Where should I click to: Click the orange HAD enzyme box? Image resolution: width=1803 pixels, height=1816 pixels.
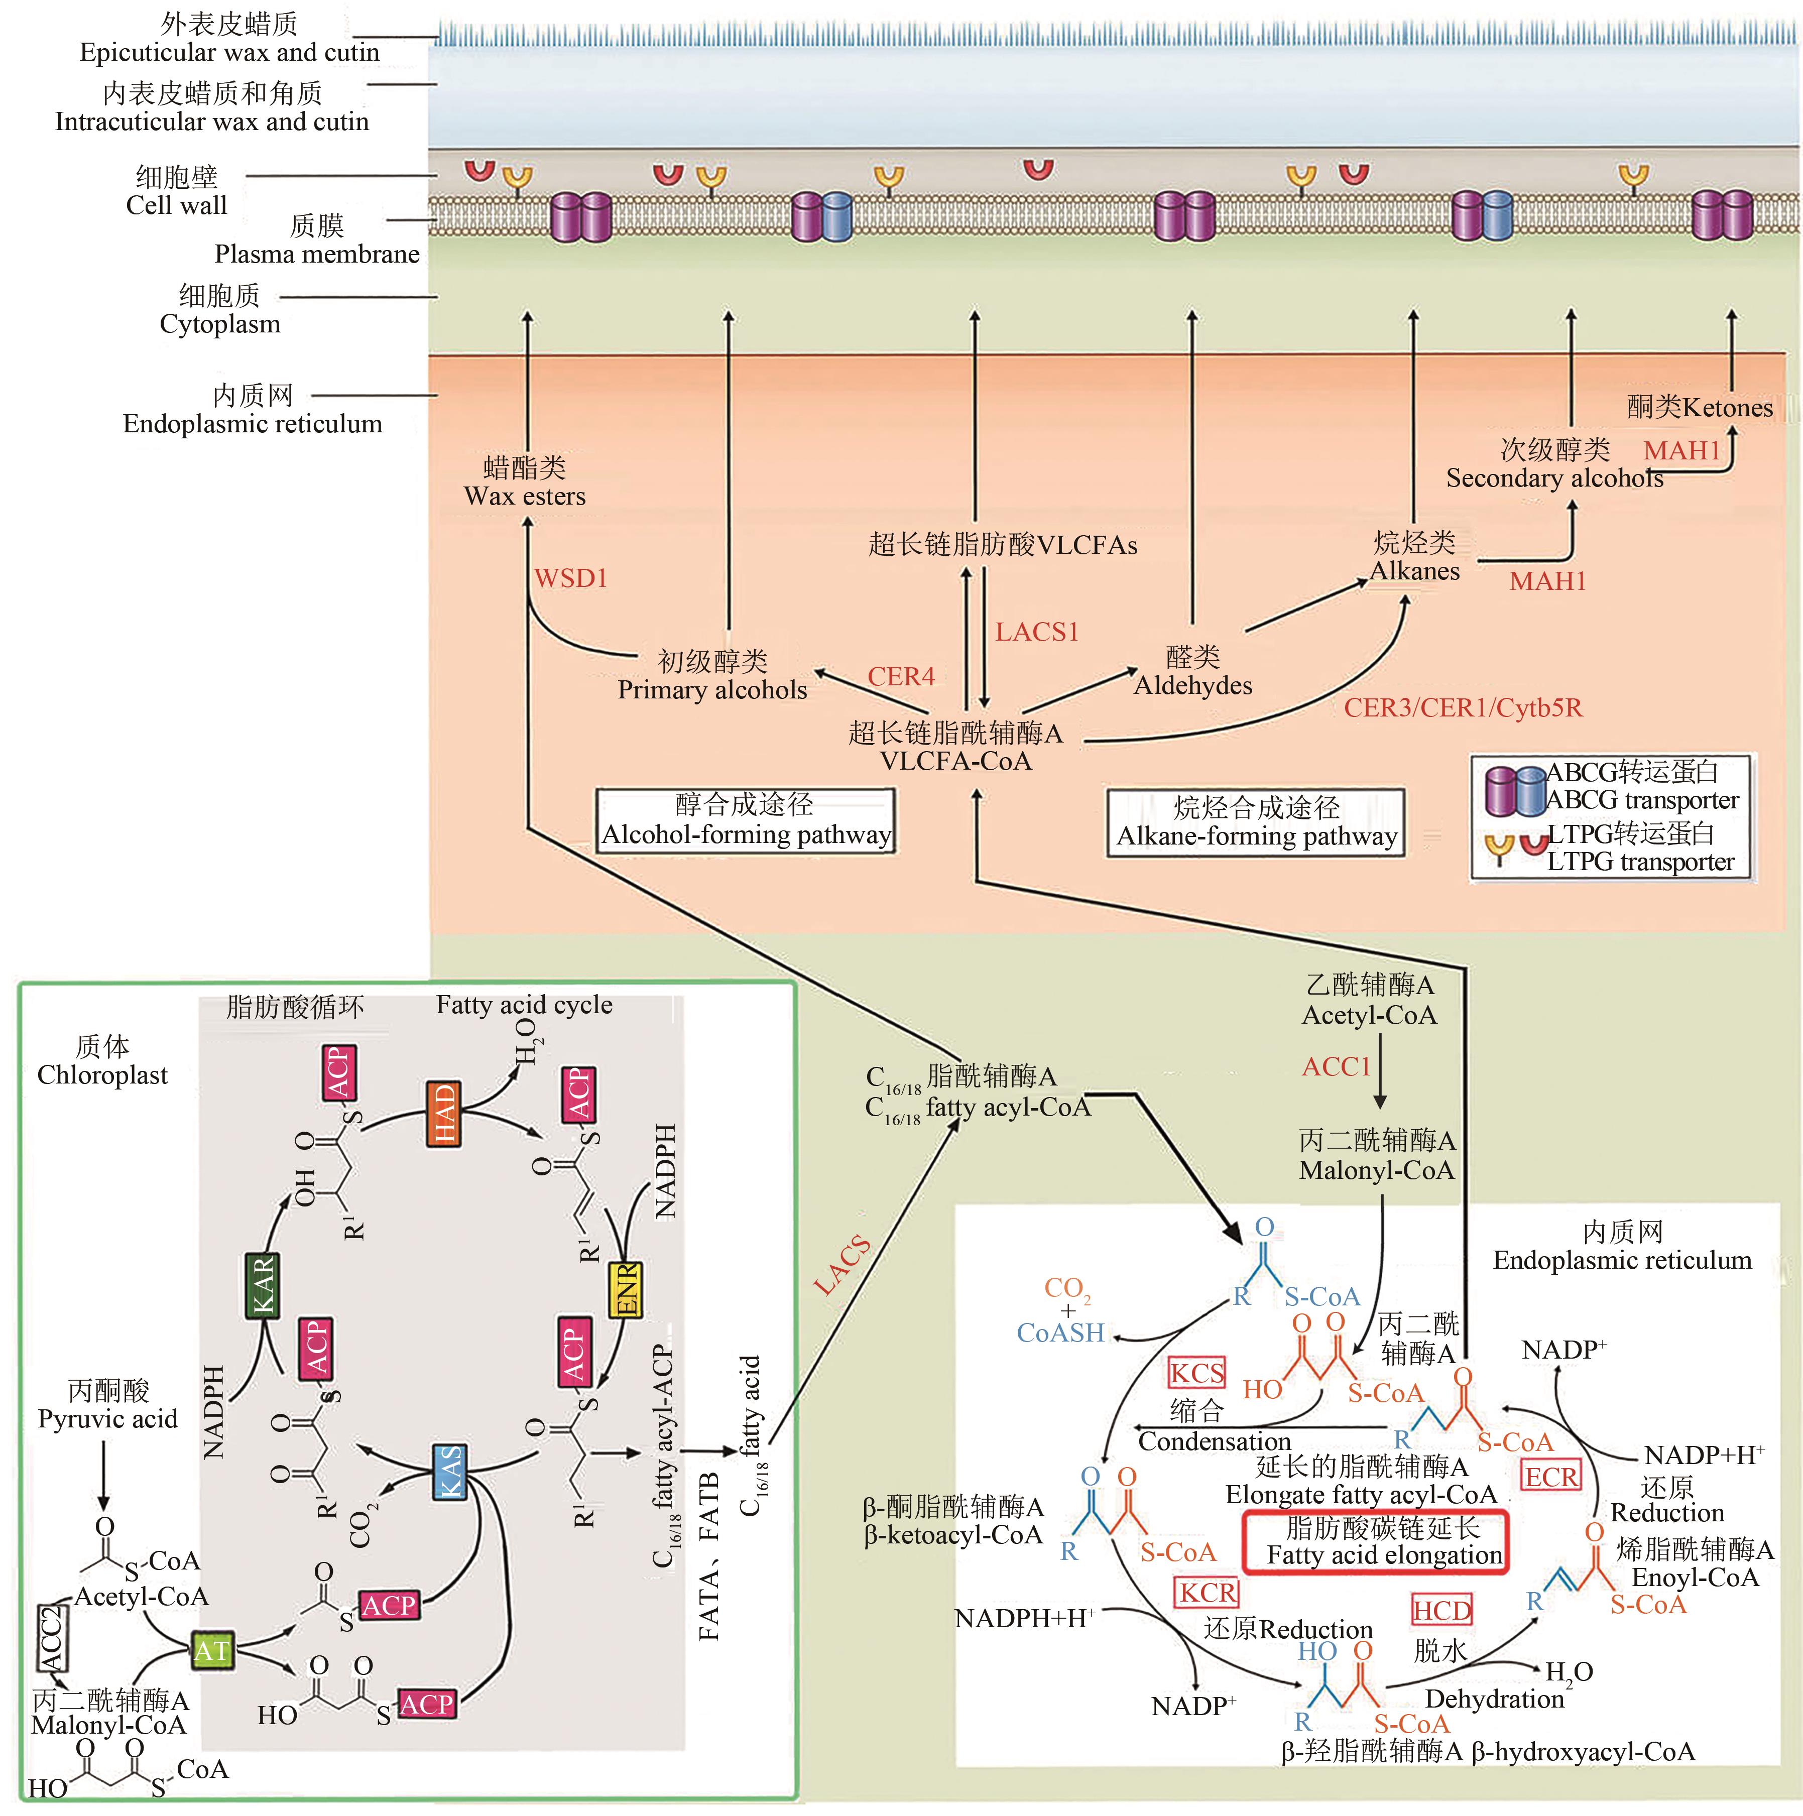click(x=444, y=1113)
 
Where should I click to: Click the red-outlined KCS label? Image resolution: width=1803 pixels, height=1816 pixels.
click(x=1196, y=1373)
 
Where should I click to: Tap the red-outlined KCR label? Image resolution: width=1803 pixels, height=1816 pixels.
click(x=1208, y=1592)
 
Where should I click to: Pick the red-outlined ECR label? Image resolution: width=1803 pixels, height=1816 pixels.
click(x=1551, y=1477)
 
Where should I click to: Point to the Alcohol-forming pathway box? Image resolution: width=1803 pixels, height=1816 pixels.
click(x=746, y=820)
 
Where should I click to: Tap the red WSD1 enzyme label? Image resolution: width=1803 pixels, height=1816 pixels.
click(x=570, y=578)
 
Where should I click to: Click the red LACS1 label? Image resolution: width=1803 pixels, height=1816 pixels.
click(x=1037, y=632)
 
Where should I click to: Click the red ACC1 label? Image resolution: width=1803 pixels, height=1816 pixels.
click(x=1336, y=1067)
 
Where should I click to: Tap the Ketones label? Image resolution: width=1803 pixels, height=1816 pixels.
click(x=1700, y=407)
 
